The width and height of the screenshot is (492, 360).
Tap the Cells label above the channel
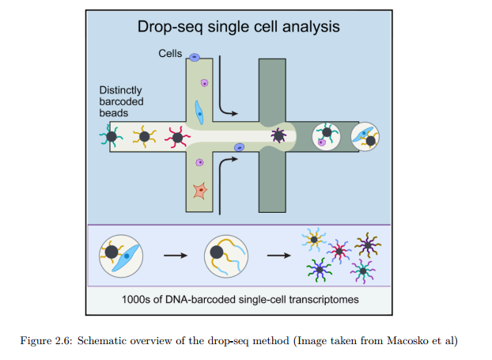click(170, 55)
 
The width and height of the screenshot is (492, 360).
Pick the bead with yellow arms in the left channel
click(144, 137)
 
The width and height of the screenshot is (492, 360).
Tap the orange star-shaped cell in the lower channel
click(201, 190)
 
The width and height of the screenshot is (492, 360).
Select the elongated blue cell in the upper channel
click(200, 112)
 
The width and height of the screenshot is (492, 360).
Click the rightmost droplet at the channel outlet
click(365, 137)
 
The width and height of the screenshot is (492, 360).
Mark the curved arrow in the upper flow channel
click(225, 103)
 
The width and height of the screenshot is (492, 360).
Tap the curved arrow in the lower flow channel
click(225, 169)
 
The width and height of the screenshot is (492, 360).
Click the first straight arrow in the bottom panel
click(174, 256)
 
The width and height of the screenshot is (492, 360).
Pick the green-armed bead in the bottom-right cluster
click(319, 270)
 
